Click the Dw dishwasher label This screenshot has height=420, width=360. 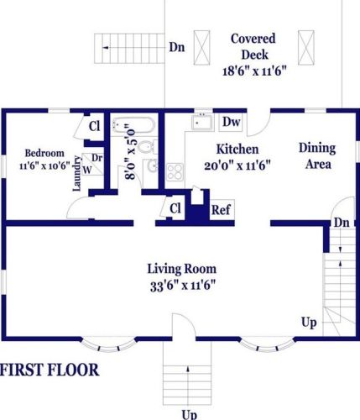232,122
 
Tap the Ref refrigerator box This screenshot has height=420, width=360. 222,210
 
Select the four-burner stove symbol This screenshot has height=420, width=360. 175,172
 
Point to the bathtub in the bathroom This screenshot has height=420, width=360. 133,125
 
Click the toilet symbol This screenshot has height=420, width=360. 148,147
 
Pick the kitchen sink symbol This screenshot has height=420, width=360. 202,122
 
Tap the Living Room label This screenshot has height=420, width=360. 182,269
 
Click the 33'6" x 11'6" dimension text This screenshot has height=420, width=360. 183,286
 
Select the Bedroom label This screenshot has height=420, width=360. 44,153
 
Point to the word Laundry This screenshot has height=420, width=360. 76,174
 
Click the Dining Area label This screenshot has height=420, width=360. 317,156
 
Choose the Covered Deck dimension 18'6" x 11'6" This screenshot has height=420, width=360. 255,71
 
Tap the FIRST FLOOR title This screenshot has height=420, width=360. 50,370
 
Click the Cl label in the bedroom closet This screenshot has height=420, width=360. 94,126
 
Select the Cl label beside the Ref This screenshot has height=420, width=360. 175,208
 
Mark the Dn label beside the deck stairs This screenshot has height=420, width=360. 177,47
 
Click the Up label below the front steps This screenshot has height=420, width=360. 190,415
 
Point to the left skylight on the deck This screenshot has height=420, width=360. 201,48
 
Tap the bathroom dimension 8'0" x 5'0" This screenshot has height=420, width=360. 131,151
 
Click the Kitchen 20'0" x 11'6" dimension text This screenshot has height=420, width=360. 237,165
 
